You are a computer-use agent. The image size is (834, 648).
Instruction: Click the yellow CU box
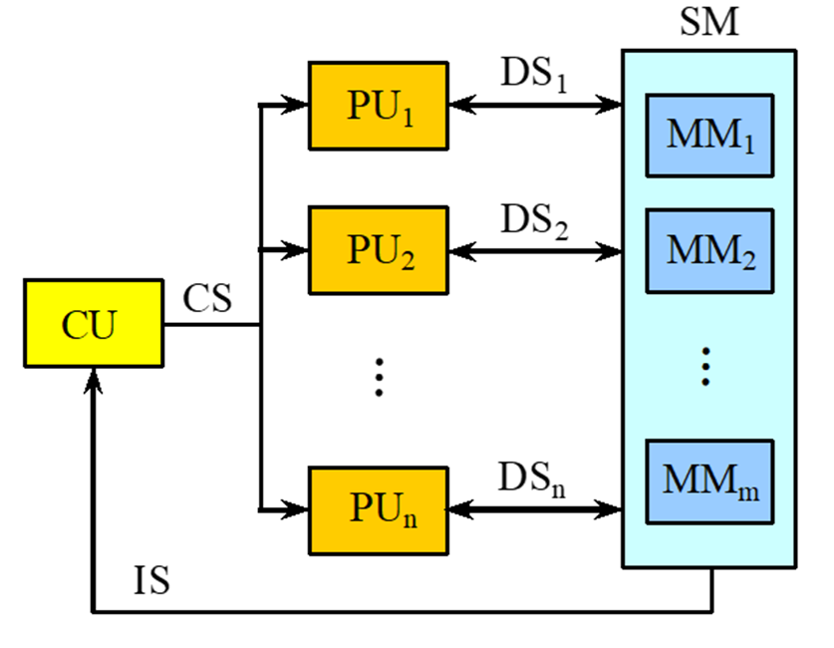(x=94, y=324)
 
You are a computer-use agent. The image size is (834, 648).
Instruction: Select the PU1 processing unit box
(x=378, y=106)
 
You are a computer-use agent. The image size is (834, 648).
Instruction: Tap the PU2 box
(x=378, y=250)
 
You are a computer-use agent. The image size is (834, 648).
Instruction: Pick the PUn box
(x=378, y=509)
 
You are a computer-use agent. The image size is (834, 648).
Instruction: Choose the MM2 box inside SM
(x=708, y=250)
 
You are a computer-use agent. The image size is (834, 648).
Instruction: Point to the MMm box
(x=708, y=482)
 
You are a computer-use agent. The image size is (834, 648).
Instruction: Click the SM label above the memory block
(x=709, y=22)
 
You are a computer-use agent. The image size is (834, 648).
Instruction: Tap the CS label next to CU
(x=208, y=298)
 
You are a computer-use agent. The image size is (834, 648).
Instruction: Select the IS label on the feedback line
(x=151, y=582)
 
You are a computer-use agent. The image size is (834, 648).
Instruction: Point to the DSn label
(x=534, y=477)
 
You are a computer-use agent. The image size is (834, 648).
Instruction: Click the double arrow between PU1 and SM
(x=534, y=103)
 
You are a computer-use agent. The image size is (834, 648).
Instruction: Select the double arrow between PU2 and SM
(x=534, y=249)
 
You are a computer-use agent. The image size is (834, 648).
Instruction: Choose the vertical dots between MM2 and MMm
(x=705, y=366)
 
